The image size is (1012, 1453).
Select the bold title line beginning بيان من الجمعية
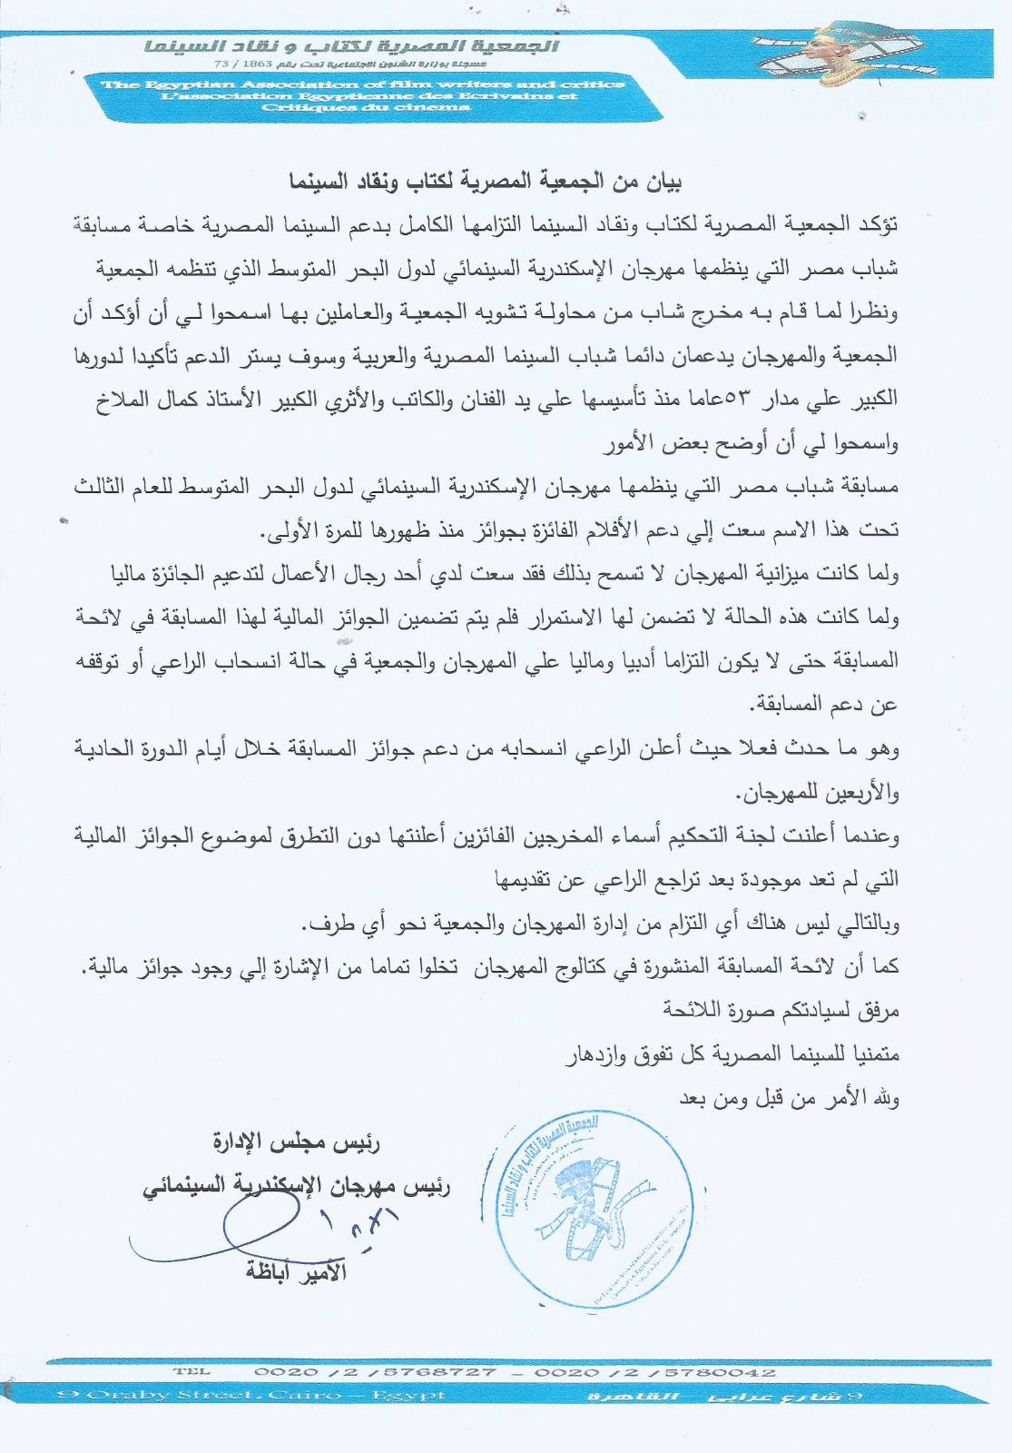(485, 181)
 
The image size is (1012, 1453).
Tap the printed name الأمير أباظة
(297, 1271)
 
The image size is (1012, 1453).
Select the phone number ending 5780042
(654, 1372)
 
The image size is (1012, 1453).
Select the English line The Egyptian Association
(363, 84)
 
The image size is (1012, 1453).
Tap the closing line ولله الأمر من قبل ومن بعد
(789, 1098)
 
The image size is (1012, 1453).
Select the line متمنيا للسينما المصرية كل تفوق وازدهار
(732, 1054)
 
